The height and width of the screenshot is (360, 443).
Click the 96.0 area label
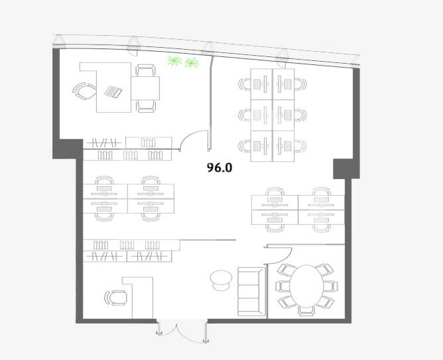pos(220,168)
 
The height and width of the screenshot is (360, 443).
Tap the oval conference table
pos(306,286)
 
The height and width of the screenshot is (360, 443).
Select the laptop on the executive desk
pos(113,91)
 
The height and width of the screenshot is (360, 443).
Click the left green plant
pos(174,60)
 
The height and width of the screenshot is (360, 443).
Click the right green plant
pos(192,63)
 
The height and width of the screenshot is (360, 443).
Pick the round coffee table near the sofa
pos(221,280)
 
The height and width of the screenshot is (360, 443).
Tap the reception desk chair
pos(115,298)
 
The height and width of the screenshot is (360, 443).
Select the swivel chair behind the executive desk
pos(84,91)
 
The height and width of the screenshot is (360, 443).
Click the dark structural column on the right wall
pos(346,168)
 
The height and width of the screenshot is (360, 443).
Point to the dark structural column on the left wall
pos(68,149)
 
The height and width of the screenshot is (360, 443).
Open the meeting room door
pos(279,255)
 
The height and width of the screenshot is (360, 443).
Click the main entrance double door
pos(182,331)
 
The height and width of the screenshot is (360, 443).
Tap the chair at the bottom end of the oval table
pos(306,312)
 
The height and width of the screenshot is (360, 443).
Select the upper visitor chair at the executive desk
pos(145,70)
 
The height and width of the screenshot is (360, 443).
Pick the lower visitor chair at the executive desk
pos(145,106)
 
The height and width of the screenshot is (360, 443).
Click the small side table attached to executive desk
pos(145,88)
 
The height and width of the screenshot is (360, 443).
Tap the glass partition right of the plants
pos(210,103)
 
